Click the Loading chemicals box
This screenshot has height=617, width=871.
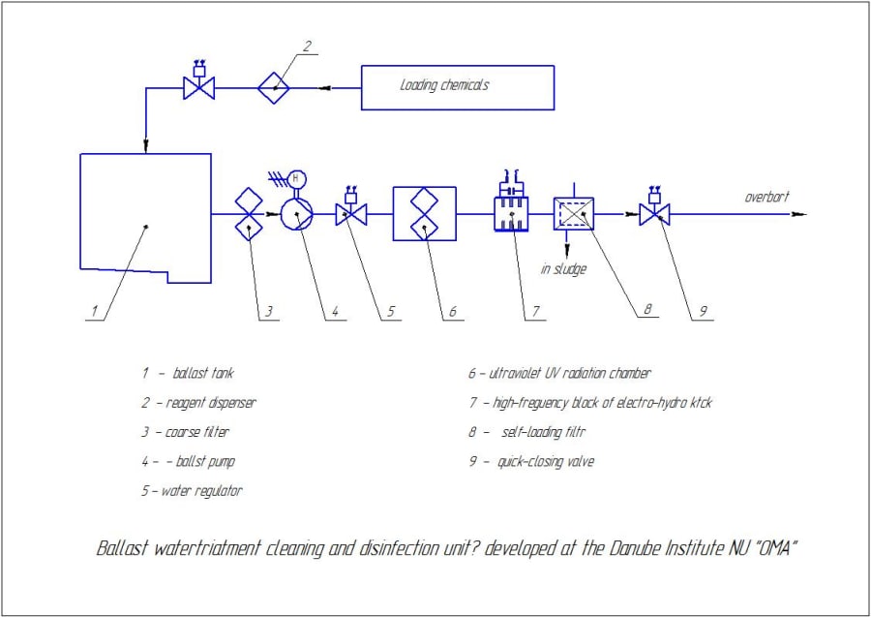pos(457,87)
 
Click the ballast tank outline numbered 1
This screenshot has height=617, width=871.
pos(145,218)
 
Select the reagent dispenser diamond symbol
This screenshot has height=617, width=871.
pos(274,88)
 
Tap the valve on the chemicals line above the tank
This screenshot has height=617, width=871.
pos(199,88)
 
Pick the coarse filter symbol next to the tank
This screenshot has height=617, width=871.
pos(249,214)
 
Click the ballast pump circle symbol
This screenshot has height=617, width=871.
pos(295,214)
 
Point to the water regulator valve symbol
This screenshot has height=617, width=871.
pos(349,214)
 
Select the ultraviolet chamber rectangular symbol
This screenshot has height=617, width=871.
pos(424,214)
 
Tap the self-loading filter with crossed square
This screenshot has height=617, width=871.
pos(574,213)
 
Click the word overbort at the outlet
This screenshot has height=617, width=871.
pos(766,197)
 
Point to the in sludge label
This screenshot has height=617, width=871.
pos(563,269)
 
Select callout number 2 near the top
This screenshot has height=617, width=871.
pos(307,46)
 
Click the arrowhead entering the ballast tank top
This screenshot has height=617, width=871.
pos(145,147)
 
